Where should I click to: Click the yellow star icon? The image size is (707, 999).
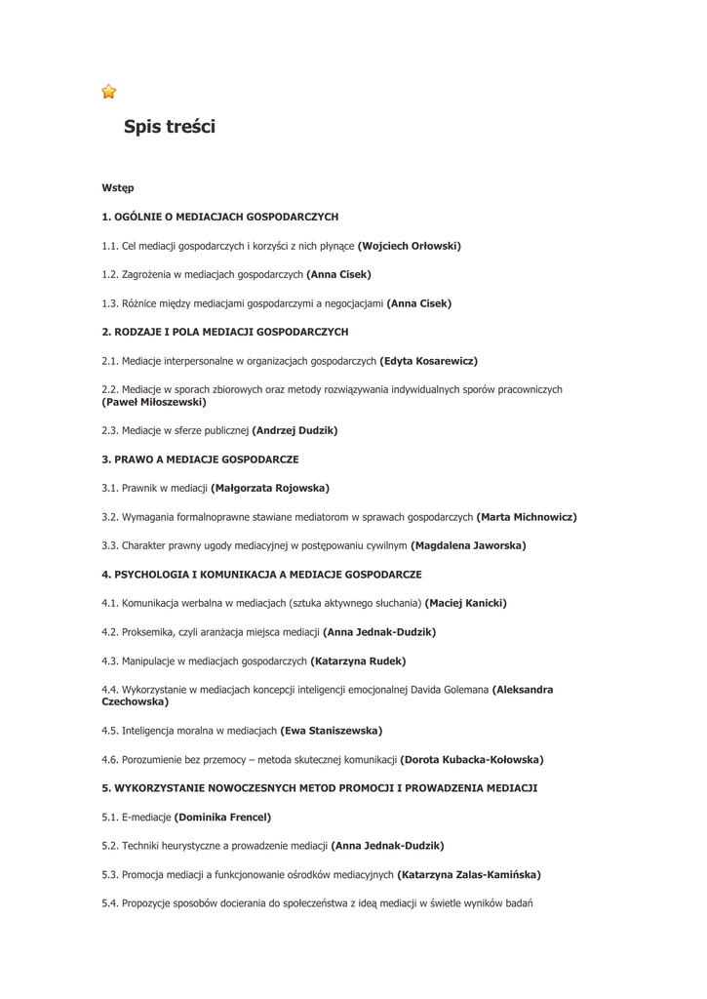coord(109,92)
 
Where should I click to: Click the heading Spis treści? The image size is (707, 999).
coord(170,127)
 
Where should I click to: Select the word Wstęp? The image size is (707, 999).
coord(118,187)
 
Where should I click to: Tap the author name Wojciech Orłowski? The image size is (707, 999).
coord(410,246)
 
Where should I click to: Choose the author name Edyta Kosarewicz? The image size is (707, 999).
coord(428,361)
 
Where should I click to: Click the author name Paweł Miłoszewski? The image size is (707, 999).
coord(154,402)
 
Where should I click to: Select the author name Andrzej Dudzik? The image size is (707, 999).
coord(295,430)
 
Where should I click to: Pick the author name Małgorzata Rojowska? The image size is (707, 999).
coord(270,488)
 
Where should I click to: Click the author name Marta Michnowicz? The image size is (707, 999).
coord(527,517)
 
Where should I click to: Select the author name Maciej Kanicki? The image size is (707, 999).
coord(466,603)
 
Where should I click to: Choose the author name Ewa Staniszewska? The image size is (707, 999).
coord(332,731)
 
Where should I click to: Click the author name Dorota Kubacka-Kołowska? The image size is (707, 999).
coord(472,760)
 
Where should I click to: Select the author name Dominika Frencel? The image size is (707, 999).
coord(222,818)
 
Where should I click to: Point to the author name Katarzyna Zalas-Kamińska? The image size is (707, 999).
coord(469,875)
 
